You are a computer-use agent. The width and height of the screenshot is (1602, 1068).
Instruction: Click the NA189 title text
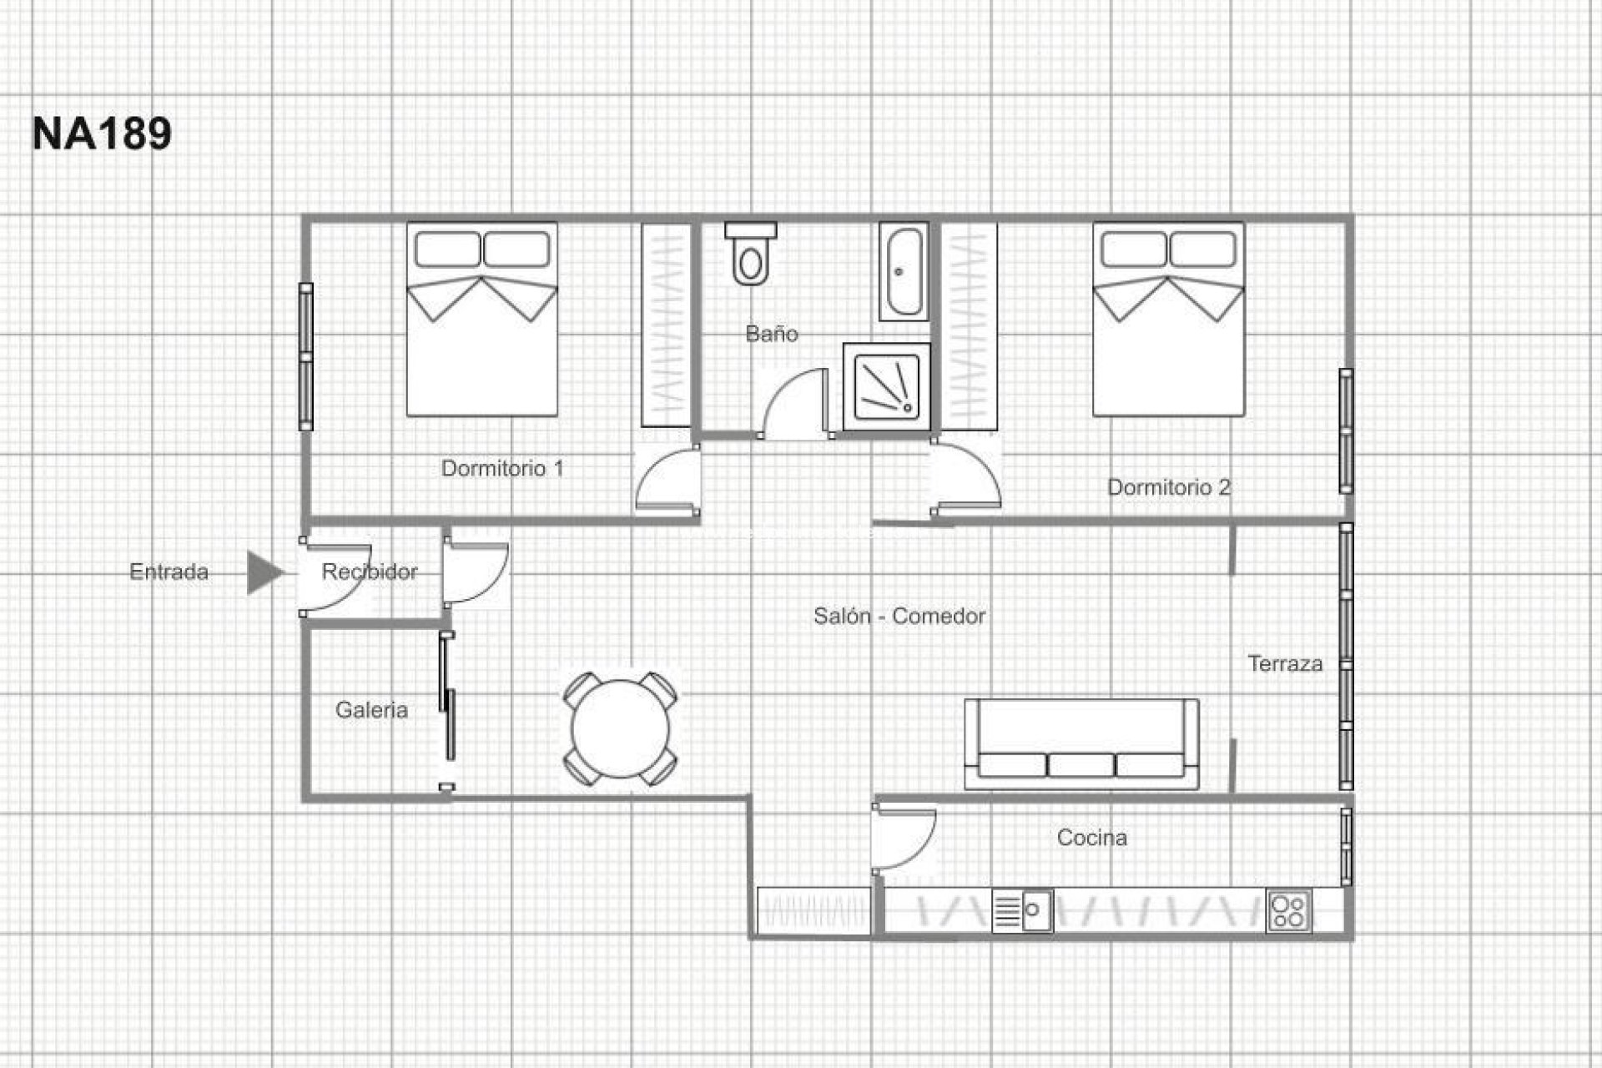tap(102, 133)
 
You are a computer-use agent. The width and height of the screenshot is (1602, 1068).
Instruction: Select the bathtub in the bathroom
tap(904, 271)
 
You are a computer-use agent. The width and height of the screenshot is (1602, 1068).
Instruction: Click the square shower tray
tap(886, 386)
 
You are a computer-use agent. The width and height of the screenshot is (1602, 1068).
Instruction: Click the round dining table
tap(621, 728)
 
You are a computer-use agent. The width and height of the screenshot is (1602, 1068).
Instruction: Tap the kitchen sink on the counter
tap(1023, 910)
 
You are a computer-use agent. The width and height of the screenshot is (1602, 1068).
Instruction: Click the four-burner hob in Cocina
tap(1289, 910)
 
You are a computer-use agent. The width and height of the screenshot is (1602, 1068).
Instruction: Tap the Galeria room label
tap(371, 710)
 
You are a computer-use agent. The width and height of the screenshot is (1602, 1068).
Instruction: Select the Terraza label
tap(1285, 664)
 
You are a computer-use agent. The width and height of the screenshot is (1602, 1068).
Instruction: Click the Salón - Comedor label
tap(899, 617)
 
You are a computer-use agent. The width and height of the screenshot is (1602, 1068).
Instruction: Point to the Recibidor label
tap(369, 572)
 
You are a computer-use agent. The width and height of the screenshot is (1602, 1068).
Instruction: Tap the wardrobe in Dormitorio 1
tap(666, 325)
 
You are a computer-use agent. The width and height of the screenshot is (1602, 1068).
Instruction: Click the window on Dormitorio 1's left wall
tap(306, 357)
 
